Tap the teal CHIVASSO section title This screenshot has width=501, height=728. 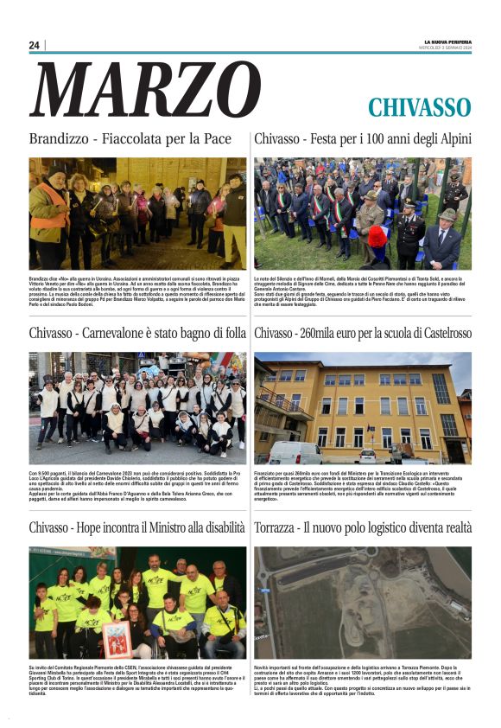click(x=419, y=107)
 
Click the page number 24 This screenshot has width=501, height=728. click(x=35, y=45)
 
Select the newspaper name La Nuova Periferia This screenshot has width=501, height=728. click(x=447, y=42)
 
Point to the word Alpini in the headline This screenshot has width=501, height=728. click(x=451, y=138)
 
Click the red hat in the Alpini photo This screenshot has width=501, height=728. click(x=377, y=233)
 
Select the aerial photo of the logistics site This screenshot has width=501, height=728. click(x=363, y=602)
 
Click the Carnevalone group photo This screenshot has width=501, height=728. click(x=137, y=407)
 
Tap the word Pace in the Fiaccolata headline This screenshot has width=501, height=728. click(x=217, y=138)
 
